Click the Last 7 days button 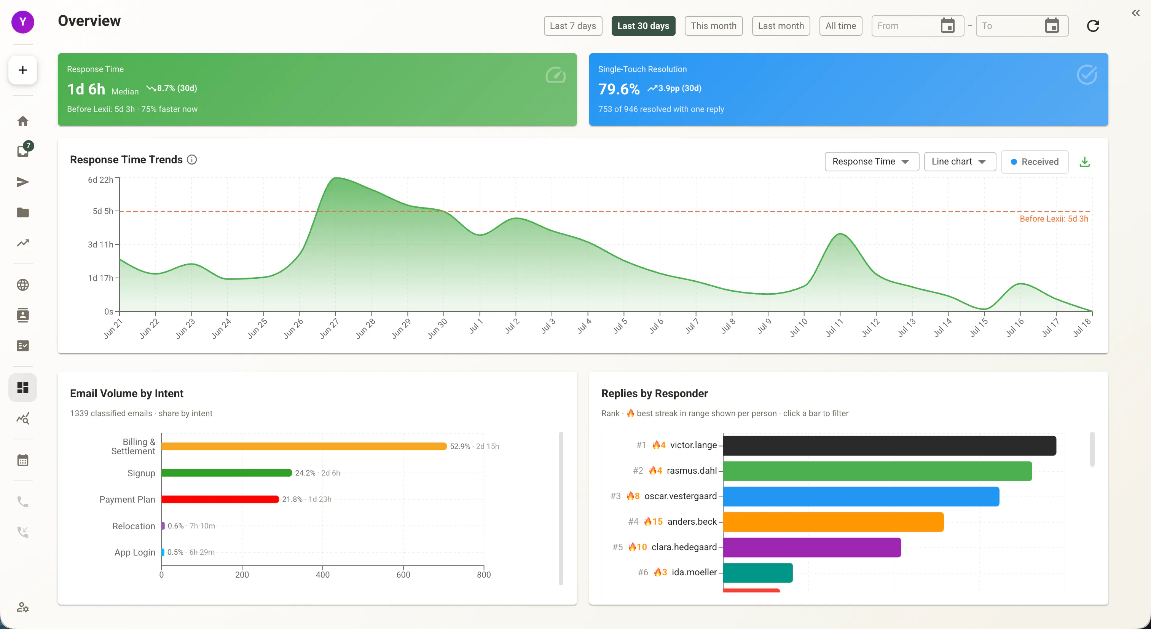point(573,26)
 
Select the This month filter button point(714,26)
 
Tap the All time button point(840,26)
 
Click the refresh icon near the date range point(1093,26)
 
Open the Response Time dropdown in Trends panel point(871,161)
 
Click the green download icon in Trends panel point(1084,162)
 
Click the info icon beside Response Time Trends point(192,160)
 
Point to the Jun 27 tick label point(329,328)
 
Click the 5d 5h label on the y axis point(103,211)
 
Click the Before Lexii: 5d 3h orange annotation point(1054,219)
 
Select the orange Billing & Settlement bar point(304,446)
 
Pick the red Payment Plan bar point(220,500)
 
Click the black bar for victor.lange point(890,446)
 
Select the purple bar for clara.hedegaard point(812,548)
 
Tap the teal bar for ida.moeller point(758,573)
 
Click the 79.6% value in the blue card point(619,89)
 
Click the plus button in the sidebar point(23,70)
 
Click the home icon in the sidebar point(23,121)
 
